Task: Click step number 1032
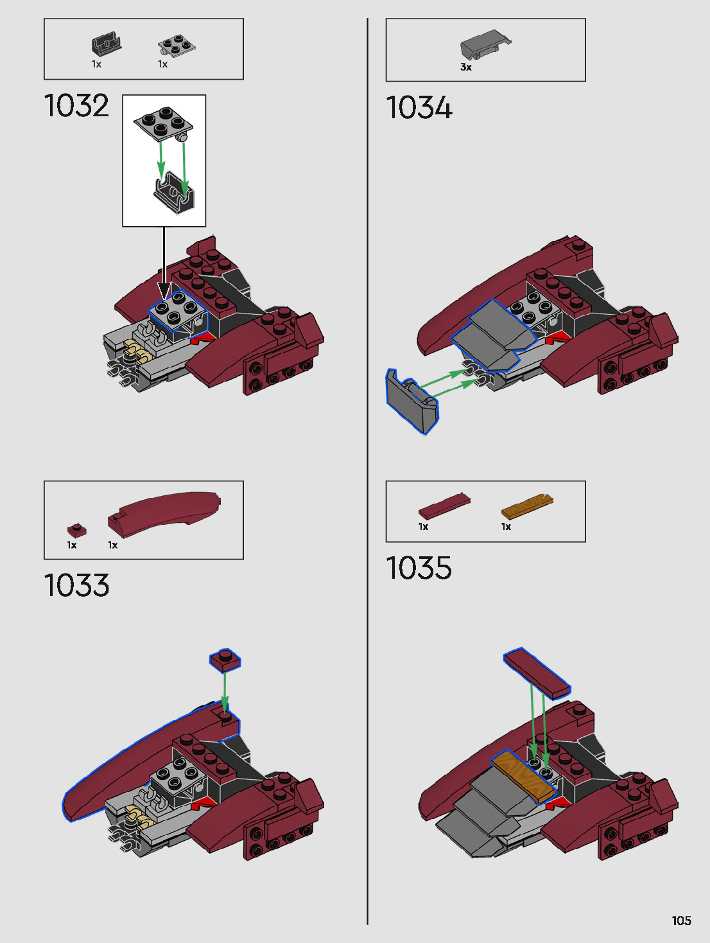point(76,106)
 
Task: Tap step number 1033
point(76,586)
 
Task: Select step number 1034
point(419,107)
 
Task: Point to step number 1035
point(419,568)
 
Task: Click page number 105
point(681,921)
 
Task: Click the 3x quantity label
point(465,67)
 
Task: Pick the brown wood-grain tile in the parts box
point(526,506)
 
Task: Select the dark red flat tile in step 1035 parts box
point(444,506)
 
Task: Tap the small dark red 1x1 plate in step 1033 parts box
point(76,531)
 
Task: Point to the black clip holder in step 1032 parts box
point(106,45)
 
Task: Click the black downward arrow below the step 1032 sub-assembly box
point(164,263)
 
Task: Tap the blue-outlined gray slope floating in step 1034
point(411,401)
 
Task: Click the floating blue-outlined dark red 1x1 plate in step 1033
point(225,660)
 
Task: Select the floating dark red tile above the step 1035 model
point(537,673)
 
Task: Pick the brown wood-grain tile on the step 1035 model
point(523,775)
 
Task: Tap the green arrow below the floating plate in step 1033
point(225,691)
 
